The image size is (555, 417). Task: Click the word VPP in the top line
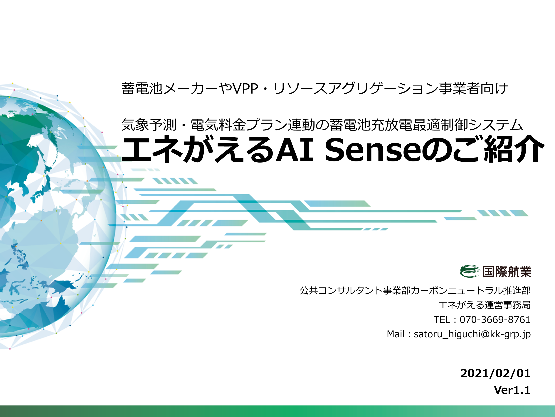(245, 88)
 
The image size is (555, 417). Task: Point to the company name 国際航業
(506, 272)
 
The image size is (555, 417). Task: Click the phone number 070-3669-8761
(495, 320)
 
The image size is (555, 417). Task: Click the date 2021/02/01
(495, 373)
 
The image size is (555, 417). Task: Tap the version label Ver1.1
(512, 390)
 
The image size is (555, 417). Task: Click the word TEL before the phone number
(443, 320)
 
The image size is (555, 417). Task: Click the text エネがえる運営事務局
(485, 305)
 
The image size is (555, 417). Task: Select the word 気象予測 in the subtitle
(149, 125)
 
